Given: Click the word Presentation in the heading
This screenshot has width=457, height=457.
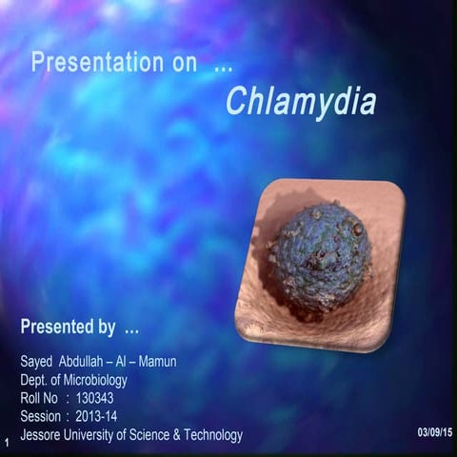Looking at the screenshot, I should [97, 64].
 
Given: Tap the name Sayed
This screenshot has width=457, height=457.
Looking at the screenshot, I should [37, 363].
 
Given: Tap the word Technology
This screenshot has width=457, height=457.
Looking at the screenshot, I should [210, 435].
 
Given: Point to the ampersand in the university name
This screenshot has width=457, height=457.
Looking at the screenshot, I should [172, 435].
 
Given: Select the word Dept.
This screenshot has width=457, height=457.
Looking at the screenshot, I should [34, 381].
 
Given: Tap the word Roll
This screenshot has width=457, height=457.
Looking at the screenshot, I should [30, 399].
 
